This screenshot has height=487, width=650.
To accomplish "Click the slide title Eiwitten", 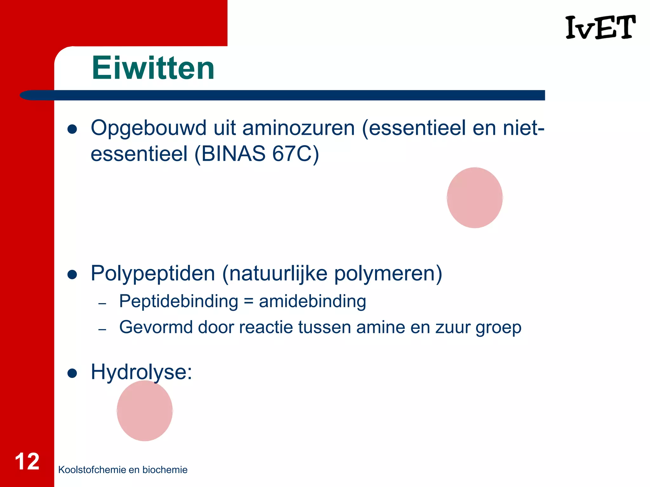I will pos(153,68).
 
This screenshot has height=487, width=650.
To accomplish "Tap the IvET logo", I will pos(600,28).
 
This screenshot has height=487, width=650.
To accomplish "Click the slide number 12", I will pos(27,462).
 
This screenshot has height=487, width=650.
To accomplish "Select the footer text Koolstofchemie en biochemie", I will pos(123,470).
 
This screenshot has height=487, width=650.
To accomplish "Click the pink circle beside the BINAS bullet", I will pos(474,198).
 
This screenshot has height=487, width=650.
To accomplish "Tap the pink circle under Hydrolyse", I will pos(145,411).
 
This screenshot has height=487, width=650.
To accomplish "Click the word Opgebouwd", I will pos(149,128).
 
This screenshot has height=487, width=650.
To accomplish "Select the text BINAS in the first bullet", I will pos(233,154).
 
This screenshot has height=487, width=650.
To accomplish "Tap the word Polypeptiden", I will pos(153,274).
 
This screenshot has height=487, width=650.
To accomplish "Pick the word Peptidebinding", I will pos(178,301).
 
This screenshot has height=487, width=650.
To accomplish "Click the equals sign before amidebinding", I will pos(249,302).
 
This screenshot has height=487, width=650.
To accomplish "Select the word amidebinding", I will pos(312,301).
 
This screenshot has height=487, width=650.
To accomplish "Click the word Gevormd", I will pos(156,327).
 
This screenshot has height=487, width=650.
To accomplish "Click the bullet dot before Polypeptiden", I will pos(72,275).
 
